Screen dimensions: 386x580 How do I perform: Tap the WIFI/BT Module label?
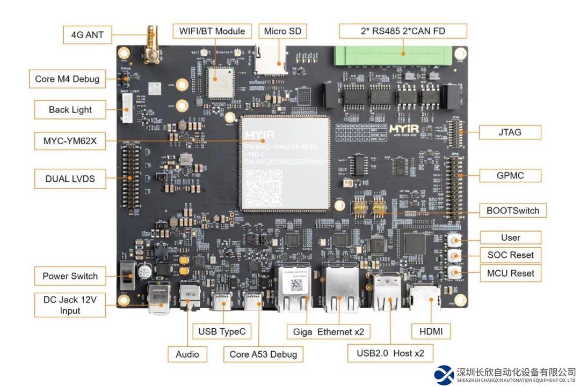(212, 31)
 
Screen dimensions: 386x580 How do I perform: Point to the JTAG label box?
(510, 131)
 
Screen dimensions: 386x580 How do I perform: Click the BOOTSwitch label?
(513, 211)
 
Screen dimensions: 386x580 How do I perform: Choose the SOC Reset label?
(510, 255)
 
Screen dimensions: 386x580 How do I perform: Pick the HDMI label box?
(431, 331)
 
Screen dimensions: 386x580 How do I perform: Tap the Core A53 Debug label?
(263, 354)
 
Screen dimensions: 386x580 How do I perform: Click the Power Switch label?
(70, 276)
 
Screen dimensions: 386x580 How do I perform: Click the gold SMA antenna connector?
(151, 46)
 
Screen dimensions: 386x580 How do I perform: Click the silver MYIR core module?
(285, 162)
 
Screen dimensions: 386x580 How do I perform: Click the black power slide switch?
(127, 275)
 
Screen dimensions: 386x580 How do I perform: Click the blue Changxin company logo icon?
(444, 375)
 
